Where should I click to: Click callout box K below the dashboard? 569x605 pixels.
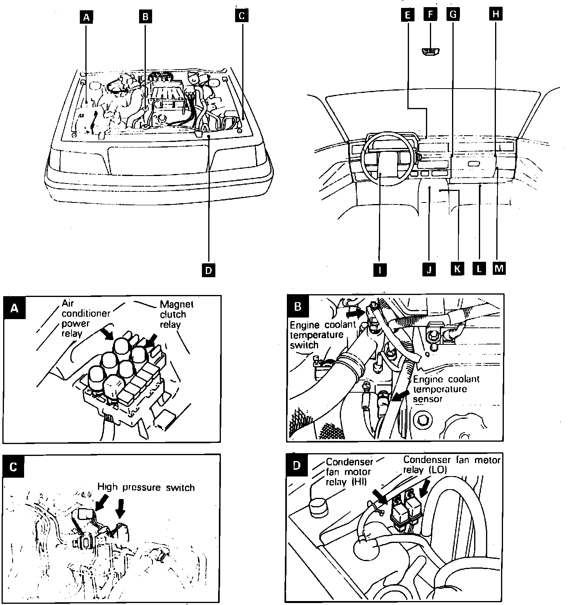coord(458,268)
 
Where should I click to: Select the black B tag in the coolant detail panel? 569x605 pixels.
coord(298,306)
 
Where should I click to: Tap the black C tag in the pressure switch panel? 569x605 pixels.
coord(13,467)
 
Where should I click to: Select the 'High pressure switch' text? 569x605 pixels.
coord(146,487)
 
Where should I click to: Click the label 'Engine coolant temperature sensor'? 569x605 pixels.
coord(446,389)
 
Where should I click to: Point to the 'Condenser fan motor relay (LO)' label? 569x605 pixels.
coord(451,465)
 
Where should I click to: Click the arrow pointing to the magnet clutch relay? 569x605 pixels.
coord(151,340)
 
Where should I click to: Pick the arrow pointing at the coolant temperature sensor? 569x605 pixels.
coord(401,394)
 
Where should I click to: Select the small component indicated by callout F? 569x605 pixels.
coord(431,51)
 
